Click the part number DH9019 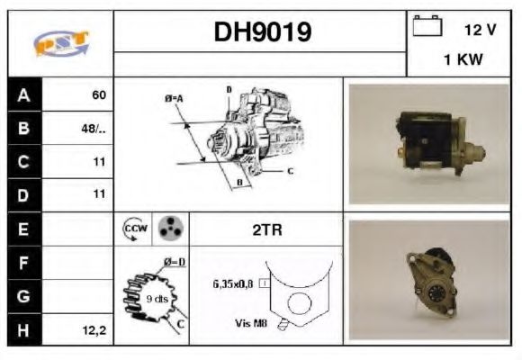point(262,32)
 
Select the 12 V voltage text point(480,30)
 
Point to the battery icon point(425,27)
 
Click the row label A point(23,94)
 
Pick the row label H point(23,330)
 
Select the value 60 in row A point(98,94)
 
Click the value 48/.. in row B point(94,128)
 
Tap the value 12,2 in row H point(94,330)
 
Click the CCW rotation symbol point(133,229)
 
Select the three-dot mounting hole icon point(167,229)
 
